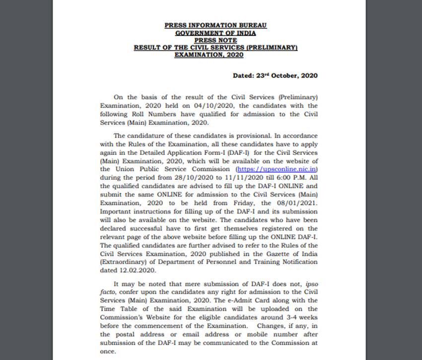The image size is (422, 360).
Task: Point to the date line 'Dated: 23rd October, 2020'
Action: point(275,75)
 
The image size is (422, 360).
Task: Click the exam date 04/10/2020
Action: point(203,106)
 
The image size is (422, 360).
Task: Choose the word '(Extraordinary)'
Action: point(122,262)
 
